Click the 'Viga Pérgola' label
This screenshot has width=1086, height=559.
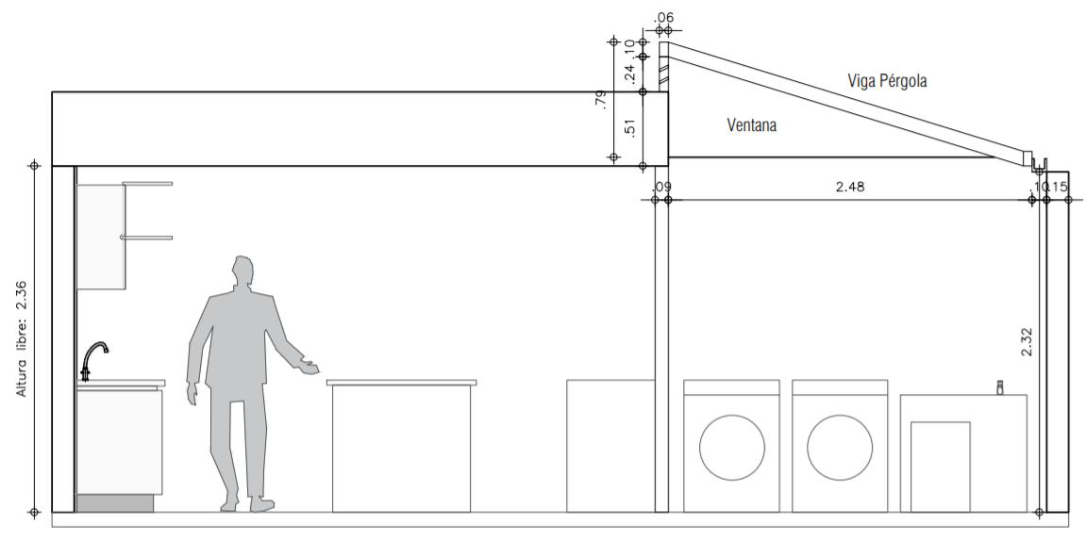(887, 81)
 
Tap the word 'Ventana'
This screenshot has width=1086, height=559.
(752, 124)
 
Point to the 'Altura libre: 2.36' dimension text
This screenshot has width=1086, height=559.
(22, 337)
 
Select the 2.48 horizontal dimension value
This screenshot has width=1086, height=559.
(849, 187)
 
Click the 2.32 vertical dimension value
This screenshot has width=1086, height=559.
(1027, 341)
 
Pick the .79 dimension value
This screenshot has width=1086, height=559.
(600, 100)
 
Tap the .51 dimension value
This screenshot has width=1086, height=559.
(629, 125)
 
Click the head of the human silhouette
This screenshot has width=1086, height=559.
(243, 272)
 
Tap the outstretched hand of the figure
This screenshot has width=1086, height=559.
(308, 367)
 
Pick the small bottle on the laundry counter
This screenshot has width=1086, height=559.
(1000, 386)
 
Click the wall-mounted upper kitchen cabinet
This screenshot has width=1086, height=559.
(100, 237)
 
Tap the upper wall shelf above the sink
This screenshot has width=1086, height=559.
(147, 183)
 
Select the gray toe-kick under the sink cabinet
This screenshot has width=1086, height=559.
(114, 503)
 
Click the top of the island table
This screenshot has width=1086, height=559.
(401, 382)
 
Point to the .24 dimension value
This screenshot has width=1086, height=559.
(629, 73)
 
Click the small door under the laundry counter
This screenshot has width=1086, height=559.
(940, 467)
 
